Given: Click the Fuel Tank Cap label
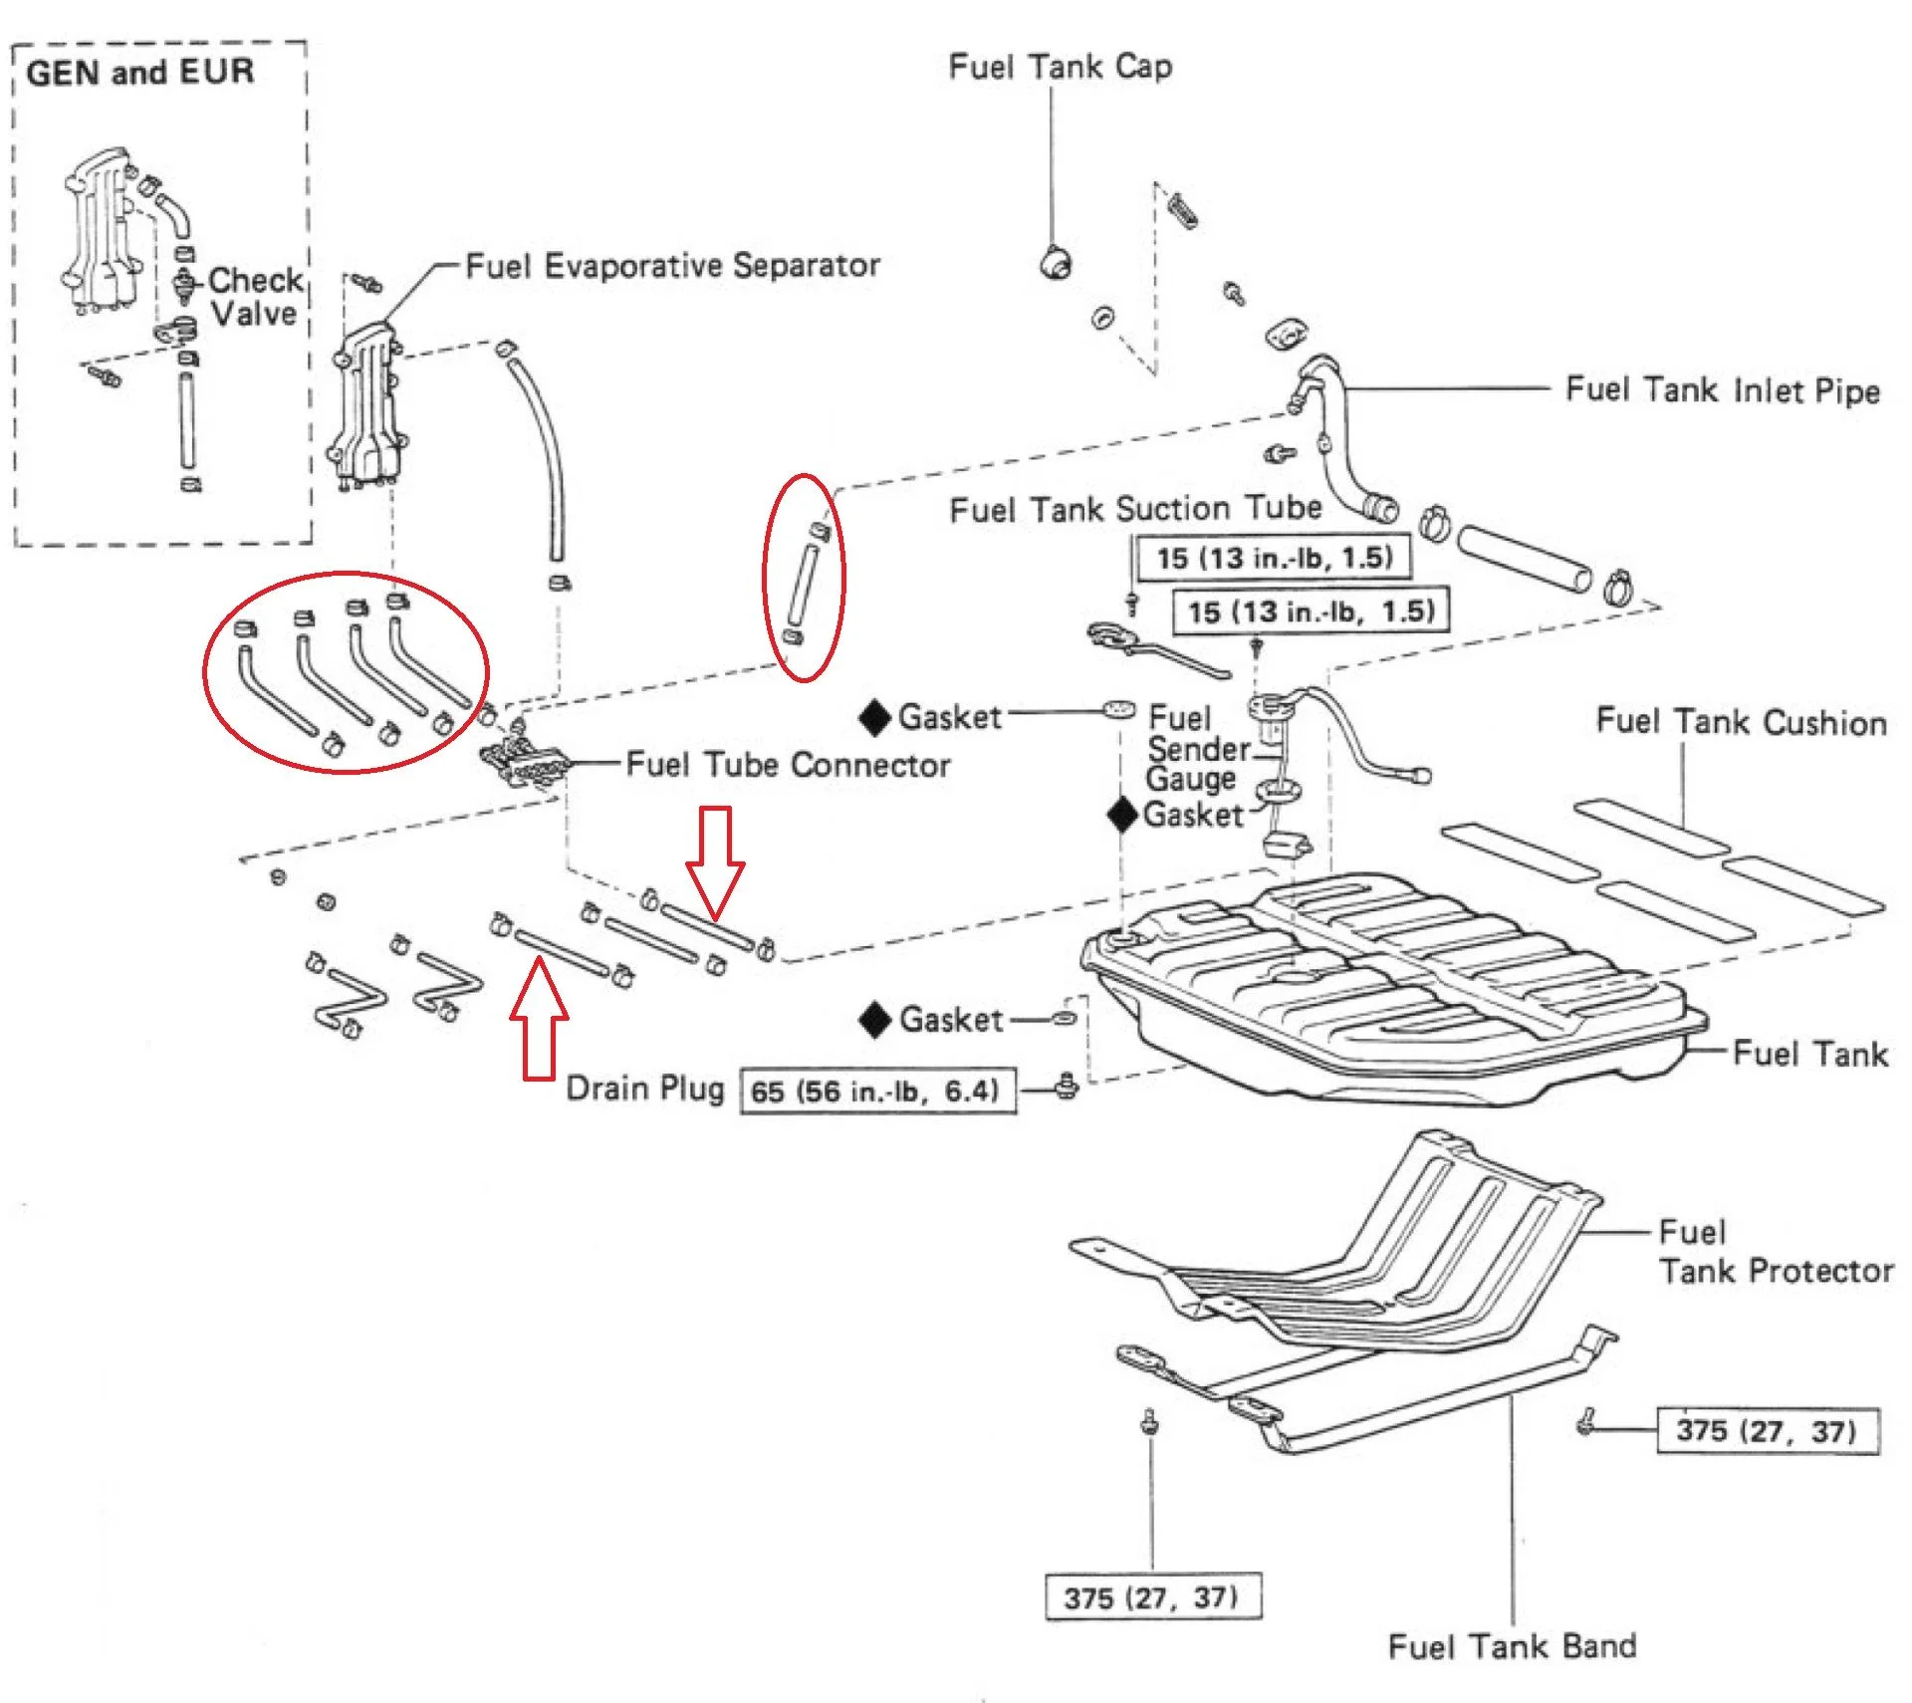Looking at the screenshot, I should [1060, 67].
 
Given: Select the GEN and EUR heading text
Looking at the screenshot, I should [140, 72].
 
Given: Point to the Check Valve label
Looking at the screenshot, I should [255, 296].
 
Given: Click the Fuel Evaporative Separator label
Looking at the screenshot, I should [672, 265].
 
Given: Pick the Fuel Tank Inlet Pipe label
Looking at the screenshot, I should [1722, 389].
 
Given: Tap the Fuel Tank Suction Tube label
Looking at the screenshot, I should [1135, 509].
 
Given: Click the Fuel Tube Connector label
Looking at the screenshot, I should [788, 765].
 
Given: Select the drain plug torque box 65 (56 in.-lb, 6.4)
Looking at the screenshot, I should [877, 1091].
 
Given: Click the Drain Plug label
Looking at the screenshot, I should [645, 1088].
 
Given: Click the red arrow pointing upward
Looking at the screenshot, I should [539, 1018].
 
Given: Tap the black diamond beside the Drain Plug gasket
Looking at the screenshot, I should [875, 1021].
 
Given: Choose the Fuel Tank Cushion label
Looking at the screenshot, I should [1741, 721].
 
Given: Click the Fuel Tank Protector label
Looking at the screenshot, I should [1775, 1252].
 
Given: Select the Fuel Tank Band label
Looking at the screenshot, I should [1512, 1646].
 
